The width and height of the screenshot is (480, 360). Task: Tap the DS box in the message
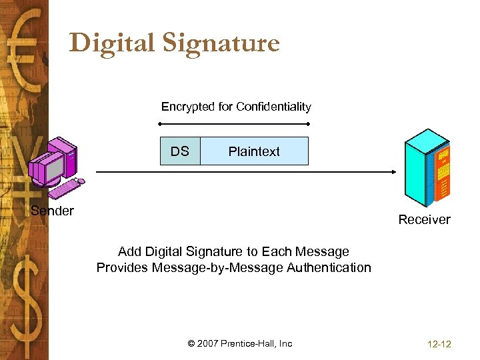tap(179, 151)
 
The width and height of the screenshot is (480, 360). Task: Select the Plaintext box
tap(254, 151)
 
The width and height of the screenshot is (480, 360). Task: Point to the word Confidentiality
tap(274, 107)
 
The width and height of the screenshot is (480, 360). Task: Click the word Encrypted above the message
tap(187, 107)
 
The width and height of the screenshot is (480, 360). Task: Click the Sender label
tap(53, 211)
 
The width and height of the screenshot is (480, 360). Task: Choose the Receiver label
tap(424, 219)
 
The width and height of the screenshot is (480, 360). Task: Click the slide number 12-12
tap(438, 344)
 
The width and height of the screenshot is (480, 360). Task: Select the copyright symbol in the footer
tap(192, 344)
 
